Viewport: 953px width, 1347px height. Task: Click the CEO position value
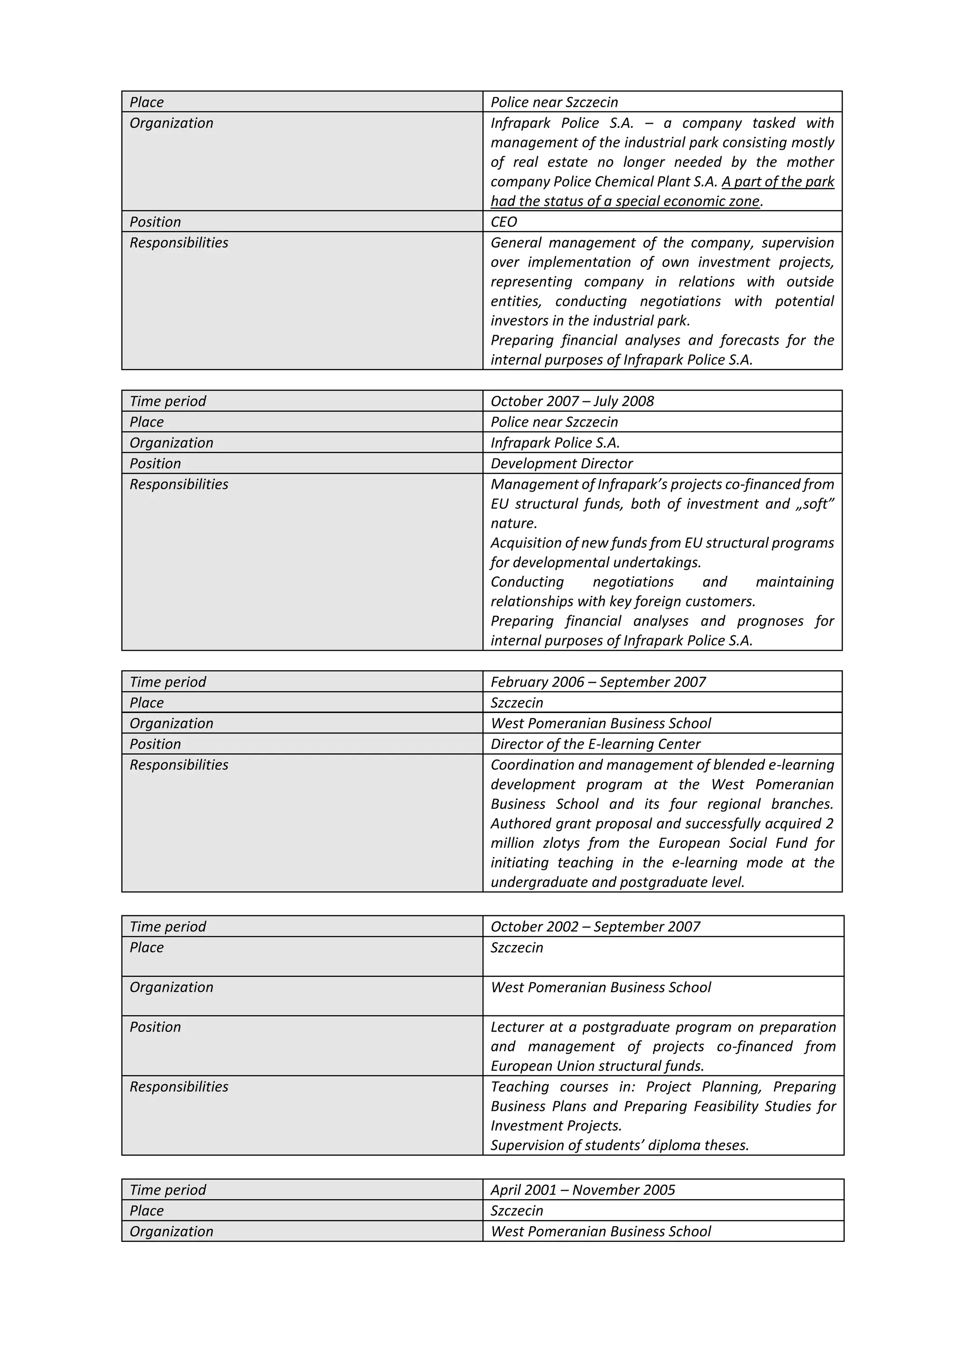503,222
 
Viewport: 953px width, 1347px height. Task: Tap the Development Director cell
561,463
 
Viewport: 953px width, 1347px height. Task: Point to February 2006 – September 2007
597,682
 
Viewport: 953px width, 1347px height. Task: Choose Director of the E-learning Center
595,744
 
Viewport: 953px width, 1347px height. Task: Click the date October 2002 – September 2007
595,927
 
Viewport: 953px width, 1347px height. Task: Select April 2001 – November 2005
582,1190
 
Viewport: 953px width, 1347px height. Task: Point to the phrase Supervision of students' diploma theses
619,1145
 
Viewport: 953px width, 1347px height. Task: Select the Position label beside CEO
155,222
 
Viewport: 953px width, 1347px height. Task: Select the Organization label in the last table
171,1232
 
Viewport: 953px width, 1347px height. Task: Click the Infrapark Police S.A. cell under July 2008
555,443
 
